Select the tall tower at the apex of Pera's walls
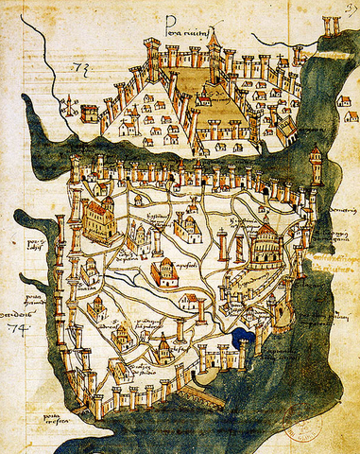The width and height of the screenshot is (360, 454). point(213,43)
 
